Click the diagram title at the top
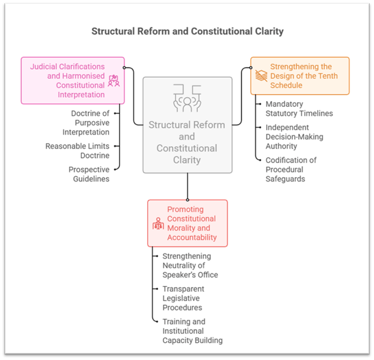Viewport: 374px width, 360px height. tap(187, 31)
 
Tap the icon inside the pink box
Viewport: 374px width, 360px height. tap(114, 81)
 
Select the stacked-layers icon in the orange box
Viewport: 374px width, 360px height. tap(261, 76)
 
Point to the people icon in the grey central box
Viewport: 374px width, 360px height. tap(187, 99)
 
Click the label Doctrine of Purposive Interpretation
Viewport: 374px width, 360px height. tap(85, 122)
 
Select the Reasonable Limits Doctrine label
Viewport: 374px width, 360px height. tap(77, 151)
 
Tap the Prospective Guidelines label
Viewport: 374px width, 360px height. tap(89, 174)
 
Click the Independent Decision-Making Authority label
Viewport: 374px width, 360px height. tap(294, 137)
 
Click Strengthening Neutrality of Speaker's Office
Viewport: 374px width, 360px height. tap(190, 265)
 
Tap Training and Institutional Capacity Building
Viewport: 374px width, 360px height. tap(192, 331)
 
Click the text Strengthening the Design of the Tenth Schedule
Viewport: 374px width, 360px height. tap(304, 76)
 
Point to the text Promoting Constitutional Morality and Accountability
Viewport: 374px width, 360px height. tap(192, 223)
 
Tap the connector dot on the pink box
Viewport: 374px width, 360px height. tap(125, 68)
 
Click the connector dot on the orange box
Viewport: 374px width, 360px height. tap(251, 68)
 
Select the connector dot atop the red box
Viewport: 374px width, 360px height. tap(187, 199)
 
